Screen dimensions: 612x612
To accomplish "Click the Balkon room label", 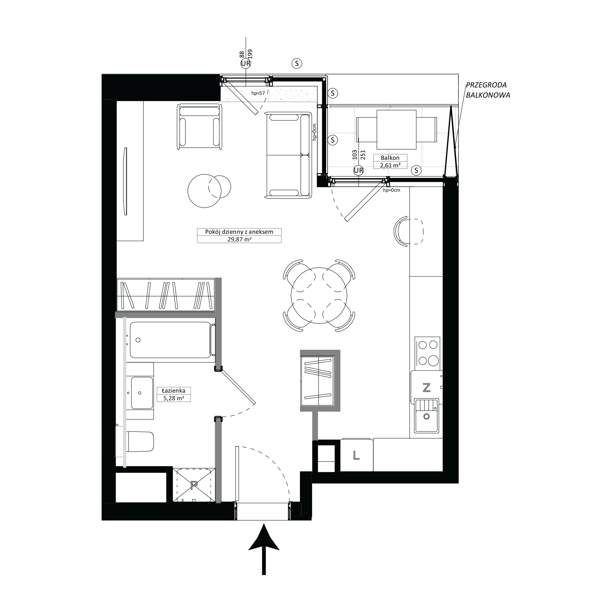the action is [390, 158].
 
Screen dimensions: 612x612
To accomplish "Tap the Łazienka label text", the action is [173, 390].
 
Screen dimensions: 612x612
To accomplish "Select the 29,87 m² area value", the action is [239, 240].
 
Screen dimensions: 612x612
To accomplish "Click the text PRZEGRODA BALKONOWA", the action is [488, 90].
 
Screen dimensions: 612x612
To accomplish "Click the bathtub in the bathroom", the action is [171, 340].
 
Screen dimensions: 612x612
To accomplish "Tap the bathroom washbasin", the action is [142, 393].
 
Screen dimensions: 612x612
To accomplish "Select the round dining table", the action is [319, 296].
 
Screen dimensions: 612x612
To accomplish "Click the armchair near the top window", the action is [199, 126].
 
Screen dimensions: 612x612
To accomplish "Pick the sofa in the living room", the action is [288, 155].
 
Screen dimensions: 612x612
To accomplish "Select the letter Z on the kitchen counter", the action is [427, 387].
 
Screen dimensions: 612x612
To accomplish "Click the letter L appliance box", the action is [356, 455].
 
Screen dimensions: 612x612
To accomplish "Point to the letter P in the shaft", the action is [194, 484].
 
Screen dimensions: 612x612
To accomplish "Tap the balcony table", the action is [396, 129].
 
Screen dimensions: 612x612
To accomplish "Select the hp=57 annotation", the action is [258, 93].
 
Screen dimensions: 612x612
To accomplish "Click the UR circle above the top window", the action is [246, 64].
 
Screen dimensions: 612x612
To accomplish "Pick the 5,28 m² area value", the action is [174, 398].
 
